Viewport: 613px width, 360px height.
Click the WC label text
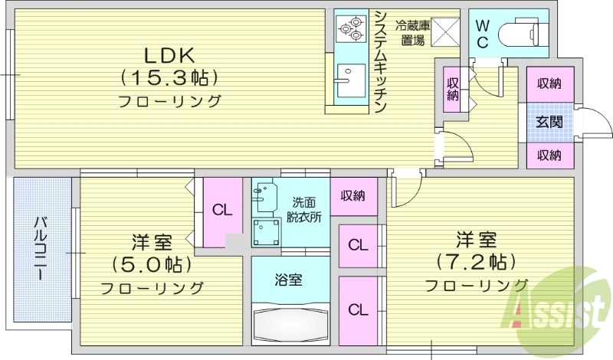click(x=481, y=34)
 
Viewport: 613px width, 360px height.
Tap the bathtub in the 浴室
click(x=290, y=322)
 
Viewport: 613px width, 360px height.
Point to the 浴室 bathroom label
click(x=288, y=280)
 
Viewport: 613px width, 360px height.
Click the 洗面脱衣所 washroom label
click(x=304, y=210)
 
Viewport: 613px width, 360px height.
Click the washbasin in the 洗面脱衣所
click(x=264, y=196)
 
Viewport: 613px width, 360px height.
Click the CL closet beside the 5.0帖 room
click(x=222, y=211)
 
